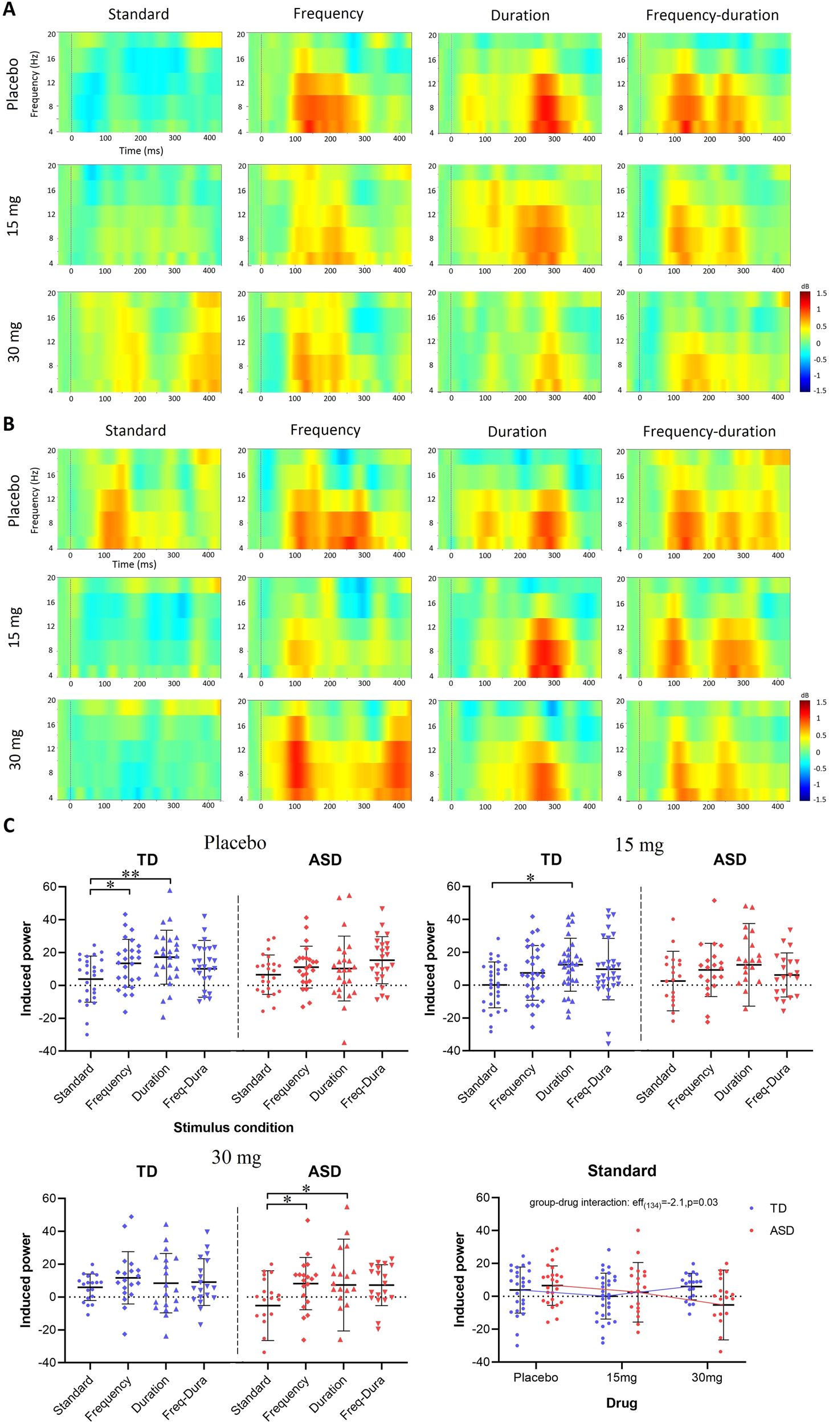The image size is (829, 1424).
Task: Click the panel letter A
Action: (9, 10)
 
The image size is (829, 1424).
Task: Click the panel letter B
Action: (9, 424)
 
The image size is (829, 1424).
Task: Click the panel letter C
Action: (9, 826)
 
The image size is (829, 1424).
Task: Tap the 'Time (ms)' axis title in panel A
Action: (141, 151)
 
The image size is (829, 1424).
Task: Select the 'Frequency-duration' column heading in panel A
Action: (712, 15)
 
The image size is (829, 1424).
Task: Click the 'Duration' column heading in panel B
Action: (517, 432)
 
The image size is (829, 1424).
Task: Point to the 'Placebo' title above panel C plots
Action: (235, 842)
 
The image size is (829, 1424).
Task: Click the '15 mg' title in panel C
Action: (639, 845)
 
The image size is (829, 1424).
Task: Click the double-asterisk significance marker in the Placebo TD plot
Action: (130, 875)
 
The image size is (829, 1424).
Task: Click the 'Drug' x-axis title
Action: (621, 1403)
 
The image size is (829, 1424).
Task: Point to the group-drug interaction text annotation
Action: (623, 1202)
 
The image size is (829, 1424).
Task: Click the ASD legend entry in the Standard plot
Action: (781, 1230)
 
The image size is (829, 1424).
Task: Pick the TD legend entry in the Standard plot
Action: (778, 1208)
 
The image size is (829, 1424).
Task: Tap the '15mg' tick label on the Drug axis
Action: (621, 1377)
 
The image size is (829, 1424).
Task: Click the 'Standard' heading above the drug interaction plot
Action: (622, 1171)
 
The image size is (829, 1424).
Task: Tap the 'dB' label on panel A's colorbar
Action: (805, 286)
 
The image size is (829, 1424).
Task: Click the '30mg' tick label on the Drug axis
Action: (707, 1377)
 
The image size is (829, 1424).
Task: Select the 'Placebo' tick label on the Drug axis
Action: (536, 1377)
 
